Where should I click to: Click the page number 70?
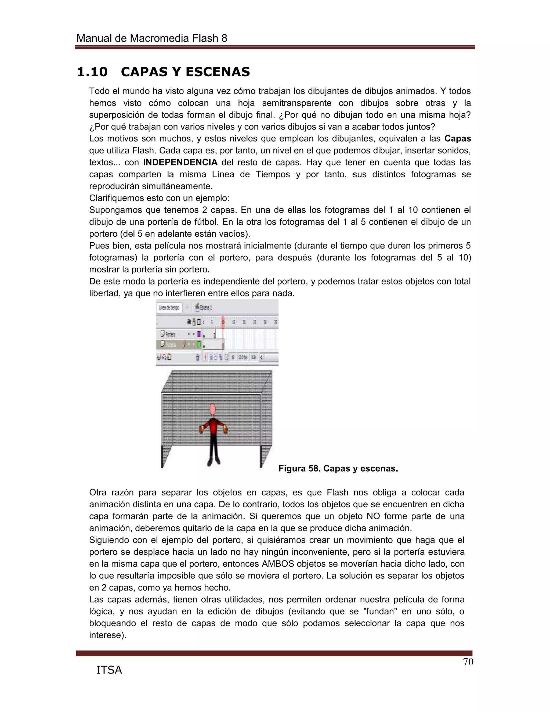pyautogui.click(x=468, y=662)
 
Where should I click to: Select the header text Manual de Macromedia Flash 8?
pyautogui.click(x=151, y=38)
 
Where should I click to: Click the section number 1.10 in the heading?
pyautogui.click(x=92, y=72)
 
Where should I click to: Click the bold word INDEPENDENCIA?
pyautogui.click(x=180, y=162)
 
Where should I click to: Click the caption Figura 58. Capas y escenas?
pyautogui.click(x=338, y=469)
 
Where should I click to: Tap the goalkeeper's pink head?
pyautogui.click(x=213, y=409)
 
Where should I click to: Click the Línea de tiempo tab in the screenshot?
pyautogui.click(x=169, y=307)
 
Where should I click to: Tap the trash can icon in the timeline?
pyautogui.click(x=197, y=357)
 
